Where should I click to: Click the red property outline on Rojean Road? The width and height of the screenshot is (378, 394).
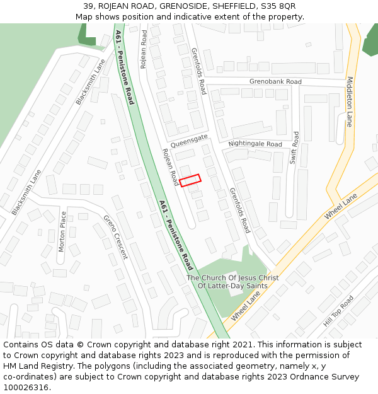pyautogui.click(x=190, y=180)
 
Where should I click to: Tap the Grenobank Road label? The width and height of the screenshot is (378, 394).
pyautogui.click(x=275, y=82)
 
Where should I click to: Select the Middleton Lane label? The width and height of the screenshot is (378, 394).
pyautogui.click(x=350, y=101)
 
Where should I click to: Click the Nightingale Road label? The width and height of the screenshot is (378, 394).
pyautogui.click(x=255, y=144)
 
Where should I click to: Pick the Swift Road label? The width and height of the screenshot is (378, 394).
pyautogui.click(x=295, y=148)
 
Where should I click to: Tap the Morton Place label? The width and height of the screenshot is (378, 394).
pyautogui.click(x=62, y=231)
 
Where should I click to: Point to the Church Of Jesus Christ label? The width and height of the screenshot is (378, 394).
pyautogui.click(x=232, y=278)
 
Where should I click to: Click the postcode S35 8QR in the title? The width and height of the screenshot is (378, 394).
pyautogui.click(x=278, y=6)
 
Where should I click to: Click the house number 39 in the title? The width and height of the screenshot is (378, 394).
pyautogui.click(x=89, y=6)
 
